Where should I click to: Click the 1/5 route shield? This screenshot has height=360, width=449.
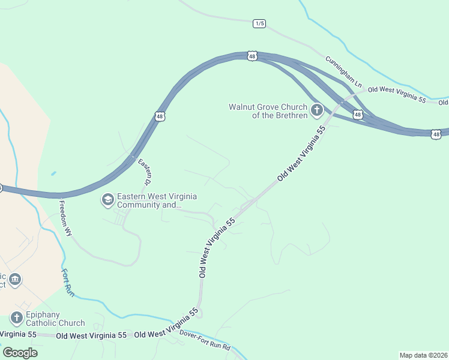[x=259, y=23]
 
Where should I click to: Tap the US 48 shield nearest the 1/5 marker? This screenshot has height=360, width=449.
[x=252, y=56]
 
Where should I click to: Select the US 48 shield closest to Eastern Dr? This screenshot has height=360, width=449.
[x=160, y=116]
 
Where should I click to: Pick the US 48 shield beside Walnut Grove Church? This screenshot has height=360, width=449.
[x=358, y=114]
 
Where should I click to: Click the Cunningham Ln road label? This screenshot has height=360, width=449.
[x=344, y=71]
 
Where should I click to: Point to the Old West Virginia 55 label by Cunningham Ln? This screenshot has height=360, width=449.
[x=397, y=94]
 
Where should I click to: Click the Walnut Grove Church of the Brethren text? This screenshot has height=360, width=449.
[x=268, y=111]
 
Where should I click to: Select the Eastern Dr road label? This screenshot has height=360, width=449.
[x=145, y=172]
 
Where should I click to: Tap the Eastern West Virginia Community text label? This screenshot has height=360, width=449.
[x=157, y=200]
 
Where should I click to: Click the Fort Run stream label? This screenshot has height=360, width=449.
[x=68, y=282]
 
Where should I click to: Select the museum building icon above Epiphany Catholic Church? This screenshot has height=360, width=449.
[x=16, y=280]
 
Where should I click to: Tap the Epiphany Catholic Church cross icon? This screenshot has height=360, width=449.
[x=16, y=318]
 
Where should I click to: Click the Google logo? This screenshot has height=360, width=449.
[x=20, y=352]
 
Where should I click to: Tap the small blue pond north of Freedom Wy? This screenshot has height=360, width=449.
[x=53, y=174]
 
